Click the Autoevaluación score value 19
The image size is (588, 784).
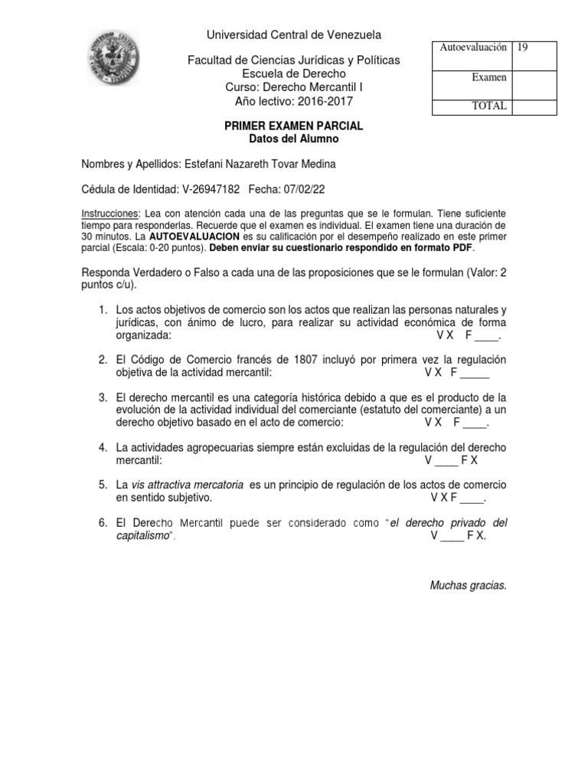(523, 47)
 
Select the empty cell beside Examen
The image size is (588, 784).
(534, 78)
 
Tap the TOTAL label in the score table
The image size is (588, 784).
(489, 106)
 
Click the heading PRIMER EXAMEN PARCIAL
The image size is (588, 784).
(295, 126)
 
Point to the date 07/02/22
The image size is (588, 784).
(294, 189)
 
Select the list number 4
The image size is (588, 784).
(102, 447)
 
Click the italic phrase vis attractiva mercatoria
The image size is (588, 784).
(188, 485)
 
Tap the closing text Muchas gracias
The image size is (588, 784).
(468, 586)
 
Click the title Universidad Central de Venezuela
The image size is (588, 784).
(295, 34)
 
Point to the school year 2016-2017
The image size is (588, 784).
(322, 101)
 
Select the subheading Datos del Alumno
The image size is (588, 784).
(295, 139)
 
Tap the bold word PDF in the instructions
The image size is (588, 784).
(462, 249)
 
